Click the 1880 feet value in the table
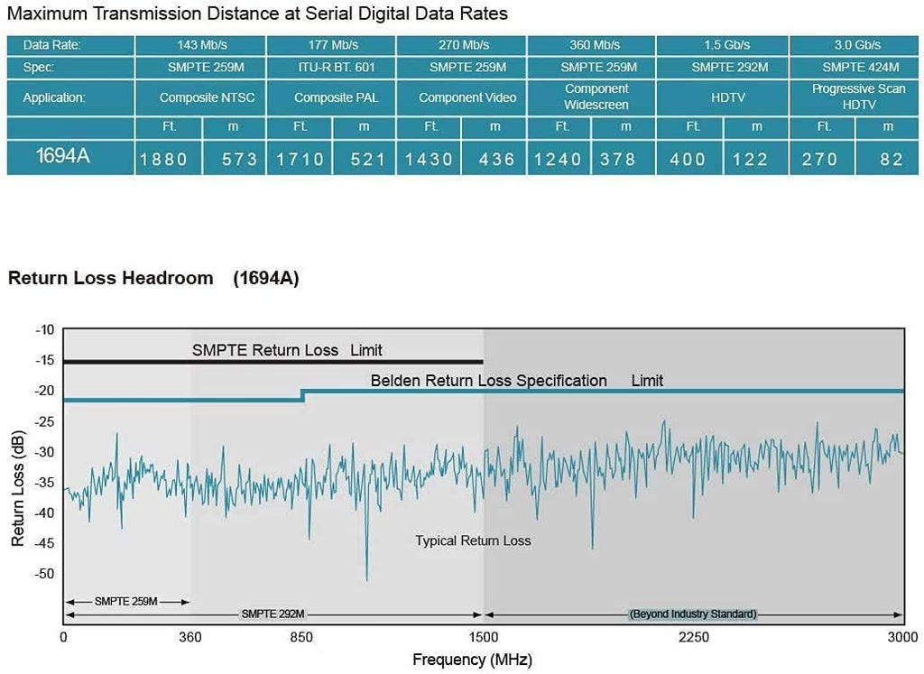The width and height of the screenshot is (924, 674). pos(163,160)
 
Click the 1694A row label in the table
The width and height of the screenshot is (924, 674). pos(63,155)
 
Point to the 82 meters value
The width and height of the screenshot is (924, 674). pos(892,160)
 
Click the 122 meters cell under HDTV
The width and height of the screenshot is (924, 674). pos(750,160)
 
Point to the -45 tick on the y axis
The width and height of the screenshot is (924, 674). pos(44,543)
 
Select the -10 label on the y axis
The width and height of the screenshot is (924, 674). pos(44,329)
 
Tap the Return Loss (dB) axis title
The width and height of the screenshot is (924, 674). pos(18,488)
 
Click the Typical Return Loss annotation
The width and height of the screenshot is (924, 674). pos(473,540)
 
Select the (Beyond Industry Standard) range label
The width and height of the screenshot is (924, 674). pos(693,614)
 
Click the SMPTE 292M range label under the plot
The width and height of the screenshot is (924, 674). pos(273,614)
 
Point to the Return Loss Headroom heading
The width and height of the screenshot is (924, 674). pos(111,278)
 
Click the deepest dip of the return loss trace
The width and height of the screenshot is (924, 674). pos(366,580)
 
